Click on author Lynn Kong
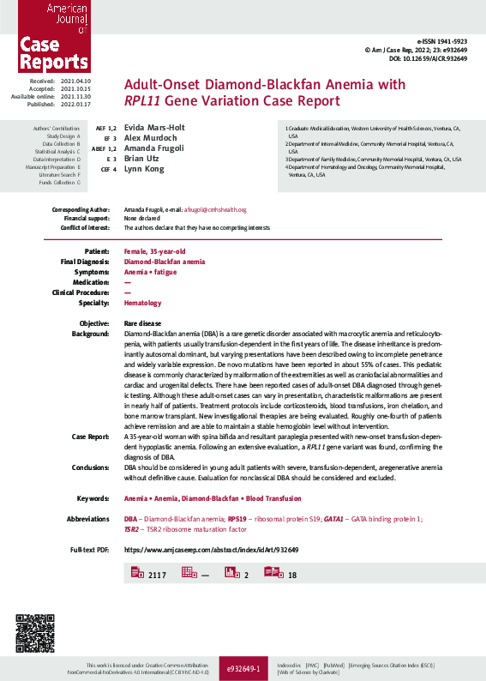[x=144, y=169]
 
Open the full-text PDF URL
[x=211, y=549]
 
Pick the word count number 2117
[x=157, y=575]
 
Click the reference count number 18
[x=292, y=575]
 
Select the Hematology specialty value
[x=142, y=303]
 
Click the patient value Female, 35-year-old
[x=154, y=250]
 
